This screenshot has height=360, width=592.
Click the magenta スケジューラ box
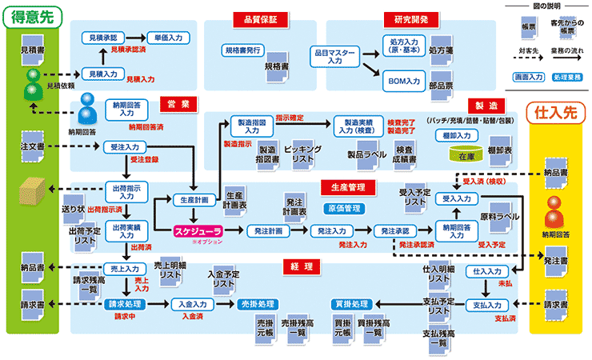coord(193,231)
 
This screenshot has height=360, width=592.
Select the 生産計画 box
coord(193,200)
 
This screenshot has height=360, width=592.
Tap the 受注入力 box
coord(124,147)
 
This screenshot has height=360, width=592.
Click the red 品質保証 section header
coord(255,19)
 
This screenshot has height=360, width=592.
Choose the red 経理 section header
coord(302,266)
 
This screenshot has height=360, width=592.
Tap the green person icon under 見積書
coord(33,78)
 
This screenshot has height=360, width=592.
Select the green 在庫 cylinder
coord(466,153)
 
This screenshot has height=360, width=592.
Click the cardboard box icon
coord(33,190)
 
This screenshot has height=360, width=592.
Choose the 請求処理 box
coord(124,304)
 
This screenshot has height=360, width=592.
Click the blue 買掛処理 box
coord(350,304)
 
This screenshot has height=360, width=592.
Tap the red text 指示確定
coord(290,117)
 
